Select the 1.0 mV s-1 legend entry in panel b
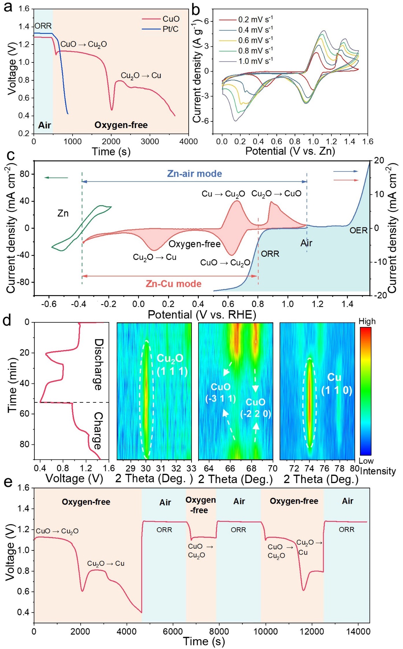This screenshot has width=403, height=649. point(255,61)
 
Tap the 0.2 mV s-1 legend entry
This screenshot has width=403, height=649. point(255,19)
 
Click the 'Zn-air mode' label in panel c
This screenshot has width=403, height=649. point(194,174)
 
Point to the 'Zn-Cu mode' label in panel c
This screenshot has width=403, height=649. point(174,284)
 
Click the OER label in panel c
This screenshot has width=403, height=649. point(358,230)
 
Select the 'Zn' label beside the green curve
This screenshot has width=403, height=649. point(63,213)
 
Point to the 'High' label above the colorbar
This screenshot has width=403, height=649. point(367,321)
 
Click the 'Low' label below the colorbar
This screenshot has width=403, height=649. point(366,461)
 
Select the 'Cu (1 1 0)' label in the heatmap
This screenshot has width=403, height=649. point(336,384)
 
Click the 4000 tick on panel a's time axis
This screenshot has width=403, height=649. point(189,141)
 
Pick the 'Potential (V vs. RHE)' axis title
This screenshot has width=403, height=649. point(202,314)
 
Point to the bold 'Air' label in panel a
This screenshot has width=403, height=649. point(45,125)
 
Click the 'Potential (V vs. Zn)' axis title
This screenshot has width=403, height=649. point(290,151)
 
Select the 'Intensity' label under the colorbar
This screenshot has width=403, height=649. point(378,471)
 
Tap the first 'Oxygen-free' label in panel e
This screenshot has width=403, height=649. point(86,502)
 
